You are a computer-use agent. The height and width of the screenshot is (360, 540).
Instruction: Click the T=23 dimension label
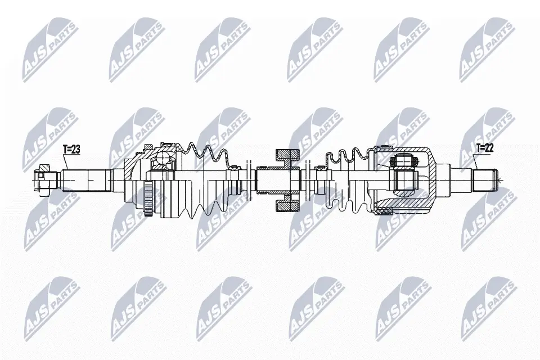pos(72,150)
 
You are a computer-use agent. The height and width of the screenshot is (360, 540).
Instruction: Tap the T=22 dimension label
pos(485,148)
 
